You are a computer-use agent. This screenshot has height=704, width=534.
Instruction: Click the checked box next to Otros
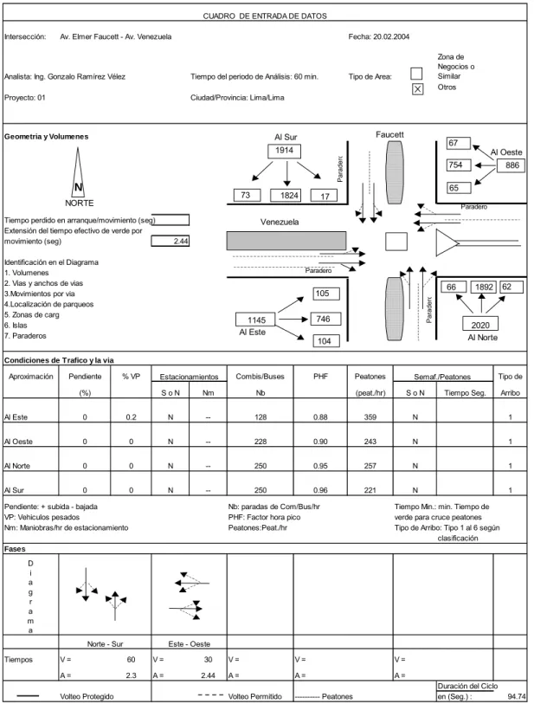pyautogui.click(x=417, y=89)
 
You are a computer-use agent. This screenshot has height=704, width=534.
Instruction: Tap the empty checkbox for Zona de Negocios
pyautogui.click(x=416, y=74)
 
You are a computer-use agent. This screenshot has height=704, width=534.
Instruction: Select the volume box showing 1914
pyautogui.click(x=284, y=151)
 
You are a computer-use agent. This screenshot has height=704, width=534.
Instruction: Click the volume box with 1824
pyautogui.click(x=286, y=196)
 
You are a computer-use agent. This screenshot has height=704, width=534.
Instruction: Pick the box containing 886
pyautogui.click(x=511, y=165)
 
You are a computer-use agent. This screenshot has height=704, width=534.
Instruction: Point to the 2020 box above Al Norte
pyautogui.click(x=480, y=325)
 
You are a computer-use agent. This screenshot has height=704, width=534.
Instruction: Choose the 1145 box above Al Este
pyautogui.click(x=257, y=320)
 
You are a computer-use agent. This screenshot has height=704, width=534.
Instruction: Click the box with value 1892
pyautogui.click(x=484, y=287)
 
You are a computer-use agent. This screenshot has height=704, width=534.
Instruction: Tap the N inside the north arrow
pyautogui.click(x=78, y=187)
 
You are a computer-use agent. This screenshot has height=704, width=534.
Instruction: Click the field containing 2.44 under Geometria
pyautogui.click(x=170, y=241)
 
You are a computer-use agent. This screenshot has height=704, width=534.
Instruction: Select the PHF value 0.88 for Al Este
pyautogui.click(x=320, y=417)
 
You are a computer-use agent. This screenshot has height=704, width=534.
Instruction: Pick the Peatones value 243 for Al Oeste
pyautogui.click(x=370, y=442)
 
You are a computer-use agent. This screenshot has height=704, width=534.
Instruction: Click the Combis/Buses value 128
pyautogui.click(x=261, y=417)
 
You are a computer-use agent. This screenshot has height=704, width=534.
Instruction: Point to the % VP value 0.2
pyautogui.click(x=131, y=417)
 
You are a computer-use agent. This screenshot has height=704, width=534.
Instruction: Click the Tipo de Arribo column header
pyautogui.click(x=511, y=384)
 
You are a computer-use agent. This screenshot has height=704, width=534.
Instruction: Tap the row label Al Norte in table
pyautogui.click(x=17, y=466)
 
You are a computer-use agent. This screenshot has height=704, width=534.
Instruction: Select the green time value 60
pyautogui.click(x=131, y=660)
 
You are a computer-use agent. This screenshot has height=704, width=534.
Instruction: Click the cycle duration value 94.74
pyautogui.click(x=517, y=696)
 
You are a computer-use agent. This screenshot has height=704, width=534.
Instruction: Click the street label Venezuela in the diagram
pyautogui.click(x=280, y=222)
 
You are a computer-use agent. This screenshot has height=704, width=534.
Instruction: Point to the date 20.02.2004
pyautogui.click(x=391, y=37)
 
